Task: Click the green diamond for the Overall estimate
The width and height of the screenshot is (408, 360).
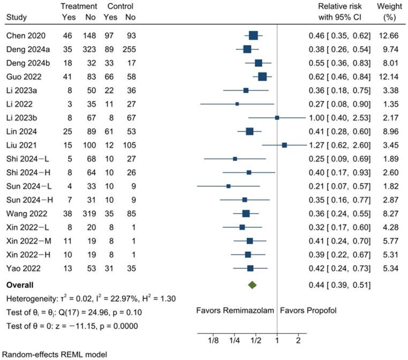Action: (252, 285)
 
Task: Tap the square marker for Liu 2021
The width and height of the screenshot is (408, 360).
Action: (284, 145)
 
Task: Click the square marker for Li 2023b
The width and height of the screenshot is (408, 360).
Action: (277, 117)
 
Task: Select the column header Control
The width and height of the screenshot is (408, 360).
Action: (120, 6)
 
